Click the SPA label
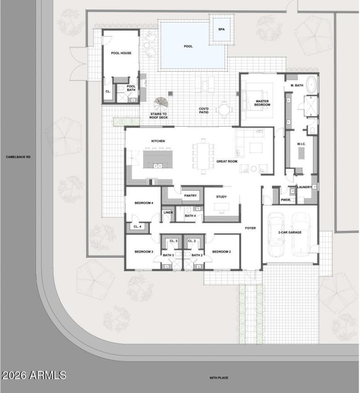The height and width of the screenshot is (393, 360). coord(221,29)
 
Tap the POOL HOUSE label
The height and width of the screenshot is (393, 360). coord(121,53)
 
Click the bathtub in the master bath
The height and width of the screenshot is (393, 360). coord(312,84)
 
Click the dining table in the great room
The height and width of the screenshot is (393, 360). coord(203,156)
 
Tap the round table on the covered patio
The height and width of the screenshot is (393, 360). coord(224,110)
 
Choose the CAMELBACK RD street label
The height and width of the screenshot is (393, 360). coord(18,157)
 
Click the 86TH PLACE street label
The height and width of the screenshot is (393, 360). coord(219,378)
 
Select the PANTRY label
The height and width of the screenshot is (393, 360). coord(190,196)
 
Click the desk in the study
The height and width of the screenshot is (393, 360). coord(221,206)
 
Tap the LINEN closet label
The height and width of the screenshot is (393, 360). coord(168,212)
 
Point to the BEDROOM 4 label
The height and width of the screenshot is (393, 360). coord(144,203)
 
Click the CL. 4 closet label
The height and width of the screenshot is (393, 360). coord(138,227)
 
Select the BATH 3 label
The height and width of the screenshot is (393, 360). coord(168,255)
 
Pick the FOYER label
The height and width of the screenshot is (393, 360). coord(250,228)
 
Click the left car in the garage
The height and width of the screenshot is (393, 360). coord(276,235)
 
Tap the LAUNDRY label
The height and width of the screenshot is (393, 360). coord(304,187)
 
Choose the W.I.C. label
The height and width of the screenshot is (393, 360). coord(301,144)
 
